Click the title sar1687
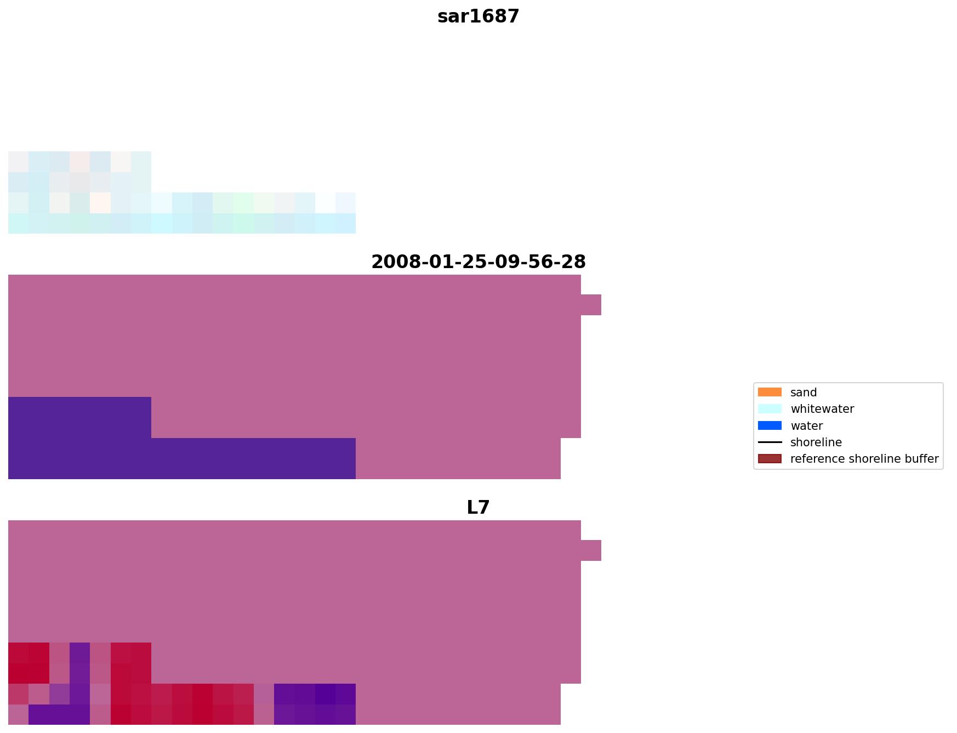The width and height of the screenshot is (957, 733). pos(478,16)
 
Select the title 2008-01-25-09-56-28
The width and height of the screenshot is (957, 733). pos(478,262)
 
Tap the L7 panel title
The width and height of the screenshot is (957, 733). pos(478,507)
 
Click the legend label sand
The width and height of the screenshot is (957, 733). pos(803,393)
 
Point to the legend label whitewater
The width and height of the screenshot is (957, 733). pos(822,409)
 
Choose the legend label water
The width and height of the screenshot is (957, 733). pos(806,426)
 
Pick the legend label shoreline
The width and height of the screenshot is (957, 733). pos(816,442)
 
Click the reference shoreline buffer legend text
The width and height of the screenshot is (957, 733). pos(864,459)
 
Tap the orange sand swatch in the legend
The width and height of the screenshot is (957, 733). pos(770,393)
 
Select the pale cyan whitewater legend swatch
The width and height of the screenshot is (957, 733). pos(770,409)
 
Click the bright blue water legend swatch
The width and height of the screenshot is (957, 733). pos(770,426)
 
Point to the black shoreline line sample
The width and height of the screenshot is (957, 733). pos(770,442)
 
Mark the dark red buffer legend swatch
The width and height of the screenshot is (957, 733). pos(770,459)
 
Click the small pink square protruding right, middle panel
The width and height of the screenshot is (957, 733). pos(591,305)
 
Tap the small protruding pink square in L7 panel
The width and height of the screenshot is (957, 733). pos(591,550)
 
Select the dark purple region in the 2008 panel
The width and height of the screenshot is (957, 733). pos(110,450)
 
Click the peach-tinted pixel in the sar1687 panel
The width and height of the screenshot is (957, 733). pos(100,202)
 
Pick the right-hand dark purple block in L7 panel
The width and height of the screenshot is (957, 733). pos(315,704)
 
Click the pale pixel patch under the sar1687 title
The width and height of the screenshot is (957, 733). pos(79,192)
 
